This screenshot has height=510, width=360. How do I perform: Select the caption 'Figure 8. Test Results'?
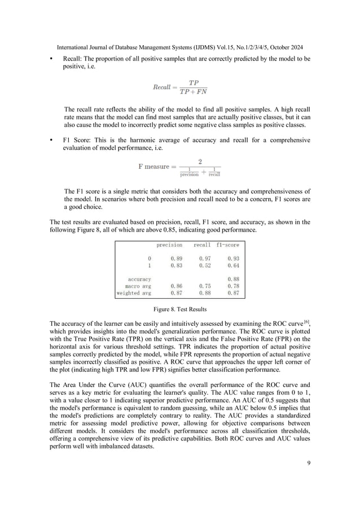[x=179, y=310]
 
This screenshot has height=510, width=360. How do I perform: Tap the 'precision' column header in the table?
[x=169, y=245]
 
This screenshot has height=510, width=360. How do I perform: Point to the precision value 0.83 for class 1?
[x=176, y=265]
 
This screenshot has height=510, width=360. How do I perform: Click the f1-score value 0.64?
[x=232, y=265]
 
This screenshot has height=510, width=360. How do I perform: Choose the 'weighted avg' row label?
[x=134, y=293]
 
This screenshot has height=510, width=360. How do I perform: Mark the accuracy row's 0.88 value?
[x=232, y=279]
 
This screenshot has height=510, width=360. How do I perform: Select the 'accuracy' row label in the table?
[x=139, y=279]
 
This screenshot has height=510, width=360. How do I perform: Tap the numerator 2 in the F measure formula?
[x=200, y=161]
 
